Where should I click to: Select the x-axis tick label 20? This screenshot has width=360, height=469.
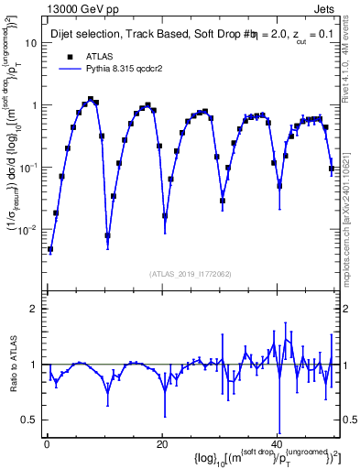[x=161, y=445]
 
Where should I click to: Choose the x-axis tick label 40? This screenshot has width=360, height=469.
[x=277, y=445]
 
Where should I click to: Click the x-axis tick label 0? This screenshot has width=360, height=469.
[x=46, y=445]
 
